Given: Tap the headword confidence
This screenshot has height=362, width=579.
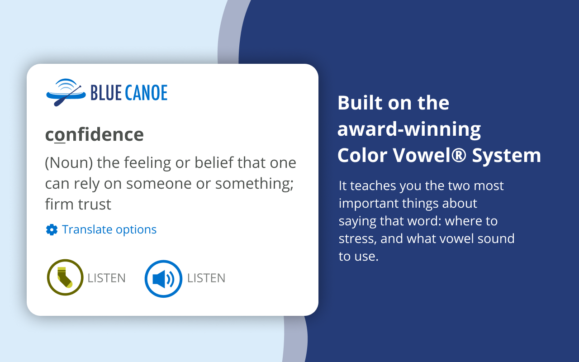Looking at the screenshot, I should pos(94,134).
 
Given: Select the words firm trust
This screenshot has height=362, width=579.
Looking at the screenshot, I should pos(78,204).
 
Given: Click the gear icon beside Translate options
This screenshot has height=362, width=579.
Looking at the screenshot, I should pos(52,230).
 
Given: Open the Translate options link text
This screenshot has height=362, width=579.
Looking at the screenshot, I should pos(109,229).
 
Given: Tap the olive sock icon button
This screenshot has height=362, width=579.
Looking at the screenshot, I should pos(65,277).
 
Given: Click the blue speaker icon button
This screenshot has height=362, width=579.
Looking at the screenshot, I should pos(163,278).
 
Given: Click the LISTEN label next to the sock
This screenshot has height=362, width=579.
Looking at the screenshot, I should pos(106,278).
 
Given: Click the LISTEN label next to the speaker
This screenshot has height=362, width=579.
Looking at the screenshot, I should pos(206,278).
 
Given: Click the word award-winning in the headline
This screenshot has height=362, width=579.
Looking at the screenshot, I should pos(409,129).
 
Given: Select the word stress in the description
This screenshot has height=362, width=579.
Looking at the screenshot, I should pos(357,238).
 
